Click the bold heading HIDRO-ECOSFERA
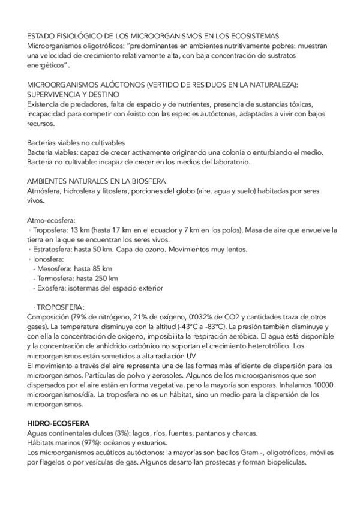[x=55, y=423]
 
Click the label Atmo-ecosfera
[x=51, y=220]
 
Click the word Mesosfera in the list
[x=56, y=268]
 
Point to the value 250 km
[x=106, y=278]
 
